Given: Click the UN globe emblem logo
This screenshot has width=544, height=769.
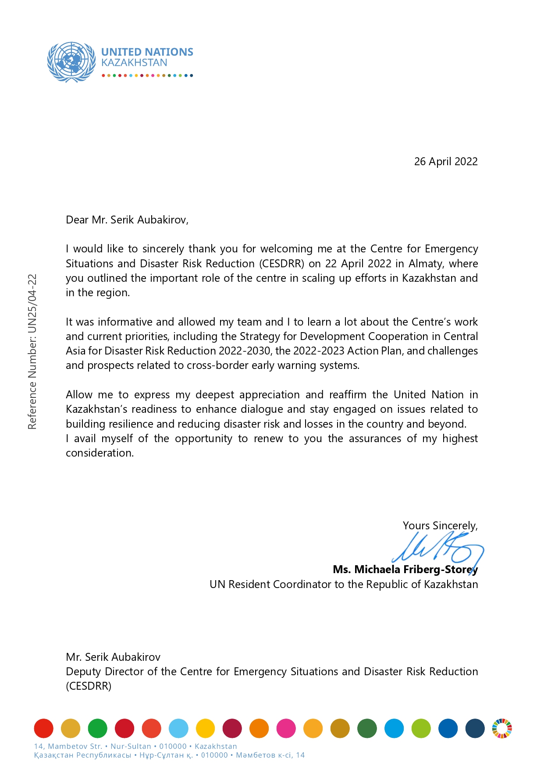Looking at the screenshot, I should tap(71, 62).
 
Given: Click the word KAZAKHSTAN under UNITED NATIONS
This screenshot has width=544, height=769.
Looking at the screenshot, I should tap(134, 63).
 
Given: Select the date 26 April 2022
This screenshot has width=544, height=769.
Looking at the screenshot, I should tap(445, 162).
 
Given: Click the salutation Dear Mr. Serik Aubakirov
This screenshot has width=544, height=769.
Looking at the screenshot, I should tap(127, 220).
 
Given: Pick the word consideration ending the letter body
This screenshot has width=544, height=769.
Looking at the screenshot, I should tap(99, 453).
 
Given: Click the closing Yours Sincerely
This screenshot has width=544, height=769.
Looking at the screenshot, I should tap(440, 526).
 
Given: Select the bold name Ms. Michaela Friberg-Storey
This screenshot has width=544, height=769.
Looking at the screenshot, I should tap(405, 570).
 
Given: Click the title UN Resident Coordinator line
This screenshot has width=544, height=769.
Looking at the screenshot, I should tap(343, 585).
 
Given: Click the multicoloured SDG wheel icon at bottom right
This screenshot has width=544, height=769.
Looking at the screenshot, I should tap(501, 729).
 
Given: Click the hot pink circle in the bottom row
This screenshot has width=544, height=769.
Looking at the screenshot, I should tap(286, 729).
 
